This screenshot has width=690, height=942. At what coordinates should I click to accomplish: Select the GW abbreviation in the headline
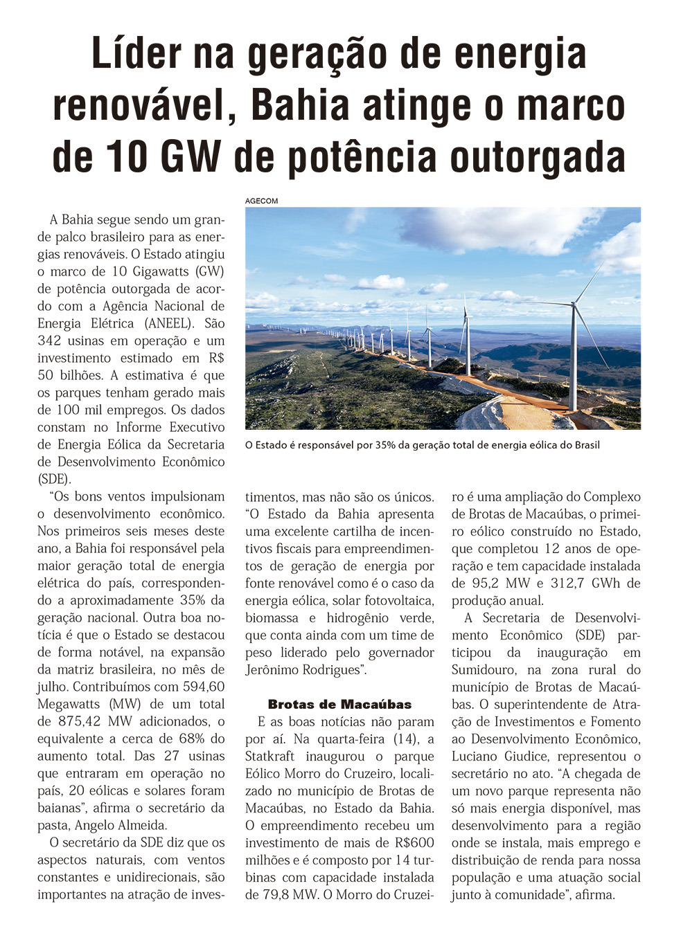coord(193,156)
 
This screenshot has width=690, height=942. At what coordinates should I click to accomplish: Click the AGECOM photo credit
coord(261,201)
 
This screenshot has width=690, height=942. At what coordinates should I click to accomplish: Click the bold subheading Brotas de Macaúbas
coord(339,705)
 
